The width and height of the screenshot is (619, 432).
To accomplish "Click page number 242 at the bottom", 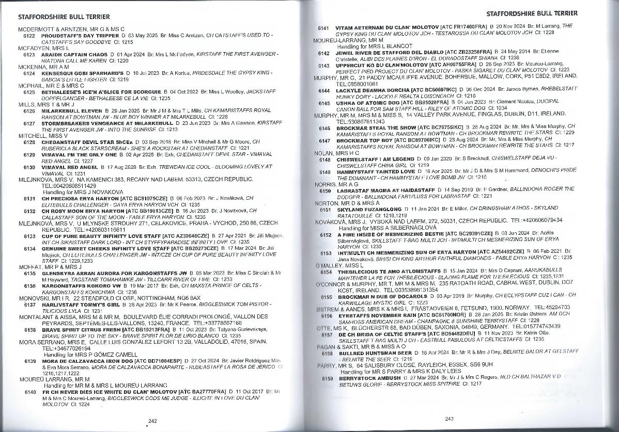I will pos(152,421).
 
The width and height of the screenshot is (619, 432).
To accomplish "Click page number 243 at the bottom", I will pos(448,418).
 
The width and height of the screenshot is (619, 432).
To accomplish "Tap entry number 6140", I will pos(29,392).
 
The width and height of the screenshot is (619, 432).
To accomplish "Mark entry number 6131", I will pos(29,198).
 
